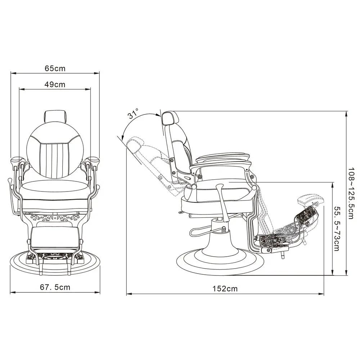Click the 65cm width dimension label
[x=55, y=68]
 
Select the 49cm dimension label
[x=55, y=85]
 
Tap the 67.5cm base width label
[x=55, y=287]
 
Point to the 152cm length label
[x=225, y=289]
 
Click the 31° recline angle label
[x=133, y=113]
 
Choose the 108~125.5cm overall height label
[x=351, y=193]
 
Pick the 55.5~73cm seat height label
[x=337, y=229]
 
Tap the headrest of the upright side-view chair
[x=170, y=118]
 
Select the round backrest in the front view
[x=55, y=149]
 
